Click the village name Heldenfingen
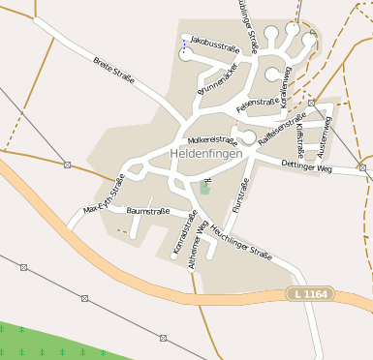[x=202, y=154]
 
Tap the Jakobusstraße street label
[x=215, y=44]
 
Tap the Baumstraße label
[x=148, y=210]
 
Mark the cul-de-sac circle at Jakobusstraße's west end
[x=185, y=55]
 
